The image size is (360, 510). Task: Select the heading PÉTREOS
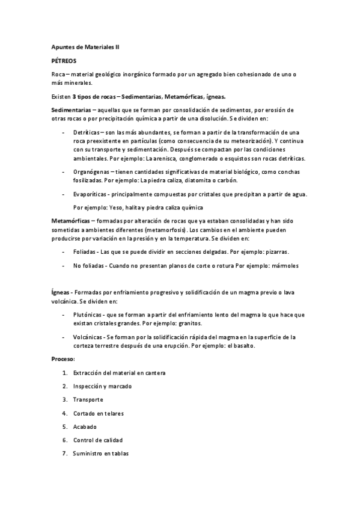(64, 61)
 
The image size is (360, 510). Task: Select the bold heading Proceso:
(63, 359)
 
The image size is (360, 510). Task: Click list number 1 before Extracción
(64, 373)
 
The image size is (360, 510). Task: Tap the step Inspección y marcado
(102, 386)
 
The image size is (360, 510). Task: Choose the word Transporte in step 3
(88, 400)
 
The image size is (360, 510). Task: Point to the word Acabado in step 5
(86, 426)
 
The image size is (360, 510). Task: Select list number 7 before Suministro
(64, 453)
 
